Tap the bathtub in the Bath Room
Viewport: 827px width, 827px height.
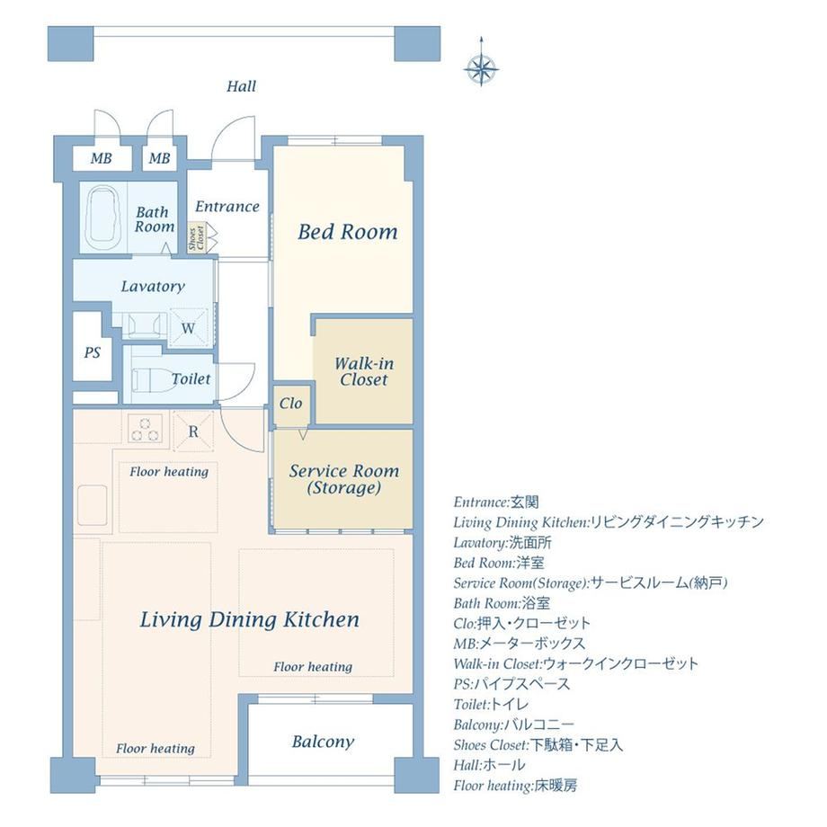104,217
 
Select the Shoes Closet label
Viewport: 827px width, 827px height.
196,238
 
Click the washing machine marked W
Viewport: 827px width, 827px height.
188,328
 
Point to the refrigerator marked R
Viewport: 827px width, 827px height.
193,431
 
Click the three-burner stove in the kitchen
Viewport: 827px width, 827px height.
145,428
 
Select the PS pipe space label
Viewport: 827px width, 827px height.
93,352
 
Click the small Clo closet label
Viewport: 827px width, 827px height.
290,404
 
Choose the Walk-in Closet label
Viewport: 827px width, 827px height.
364,371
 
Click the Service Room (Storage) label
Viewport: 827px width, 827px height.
344,479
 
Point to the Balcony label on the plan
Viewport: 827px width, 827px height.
323,742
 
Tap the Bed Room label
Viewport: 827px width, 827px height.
348,232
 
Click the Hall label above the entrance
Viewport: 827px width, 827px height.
242,86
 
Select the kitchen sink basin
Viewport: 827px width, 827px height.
93,505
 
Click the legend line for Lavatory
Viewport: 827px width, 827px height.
502,543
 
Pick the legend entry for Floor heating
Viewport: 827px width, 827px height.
515,786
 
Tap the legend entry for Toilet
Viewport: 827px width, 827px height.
491,705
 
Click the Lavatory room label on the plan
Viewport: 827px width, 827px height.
153,287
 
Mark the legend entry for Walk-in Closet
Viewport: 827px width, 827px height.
576,664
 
